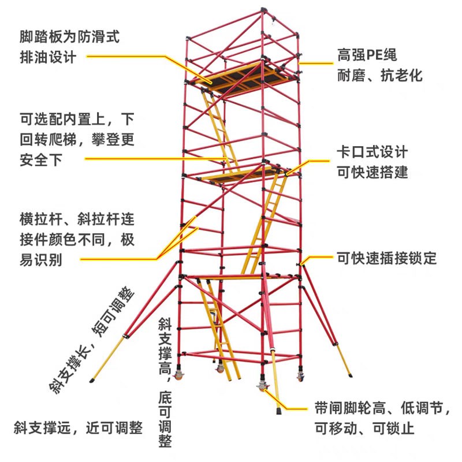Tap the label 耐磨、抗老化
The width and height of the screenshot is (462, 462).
coord(380,76)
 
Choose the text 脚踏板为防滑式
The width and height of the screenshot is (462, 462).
coord(69,37)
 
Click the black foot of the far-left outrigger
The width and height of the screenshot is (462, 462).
coord(92,381)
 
